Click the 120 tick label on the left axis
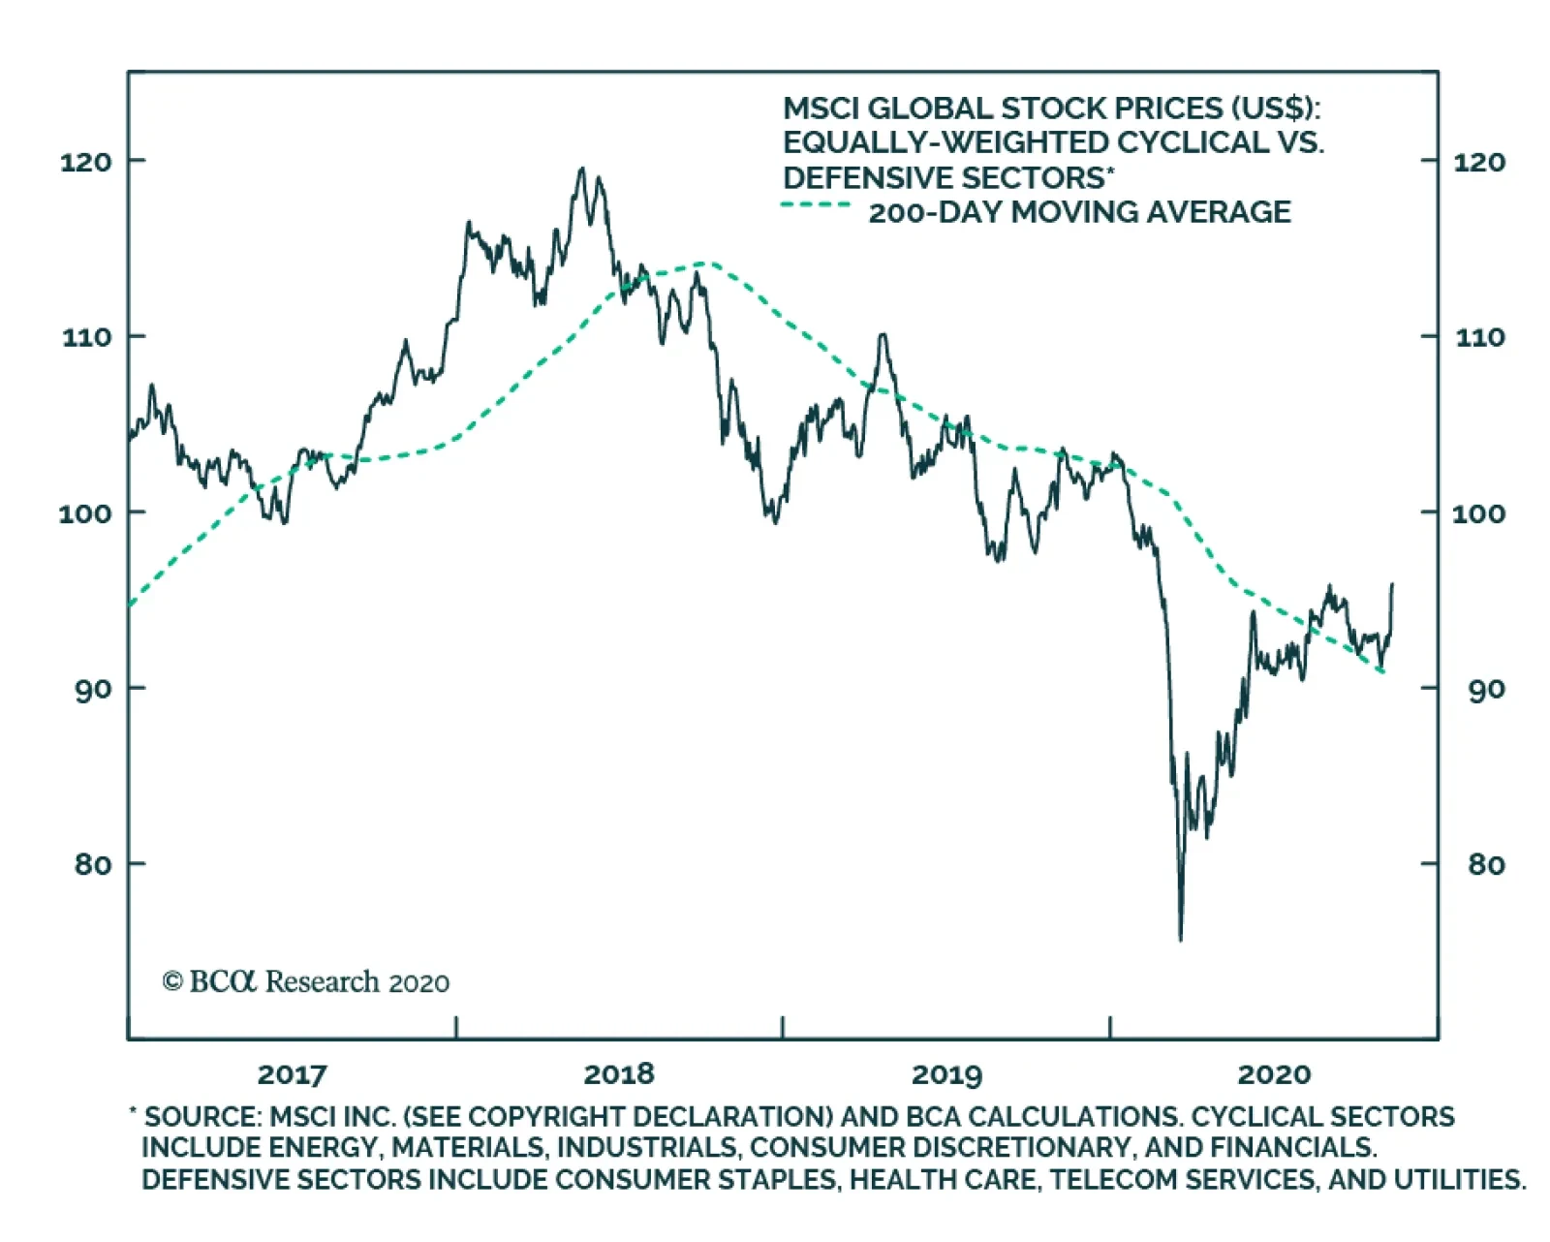click(85, 162)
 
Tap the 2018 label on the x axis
click(618, 1073)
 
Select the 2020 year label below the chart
click(1274, 1073)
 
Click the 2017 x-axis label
click(292, 1073)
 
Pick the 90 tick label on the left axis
click(93, 689)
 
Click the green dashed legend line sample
click(816, 205)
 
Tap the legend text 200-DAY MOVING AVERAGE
click(1079, 212)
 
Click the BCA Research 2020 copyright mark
click(305, 981)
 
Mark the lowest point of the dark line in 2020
click(1180, 939)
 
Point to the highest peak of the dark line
click(581, 169)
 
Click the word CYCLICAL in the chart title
click(1192, 143)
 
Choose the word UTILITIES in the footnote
click(1458, 1180)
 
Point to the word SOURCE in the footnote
click(199, 1116)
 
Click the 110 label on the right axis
click(1479, 337)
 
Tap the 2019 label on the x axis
click(946, 1073)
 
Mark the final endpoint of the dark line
click(1392, 584)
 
